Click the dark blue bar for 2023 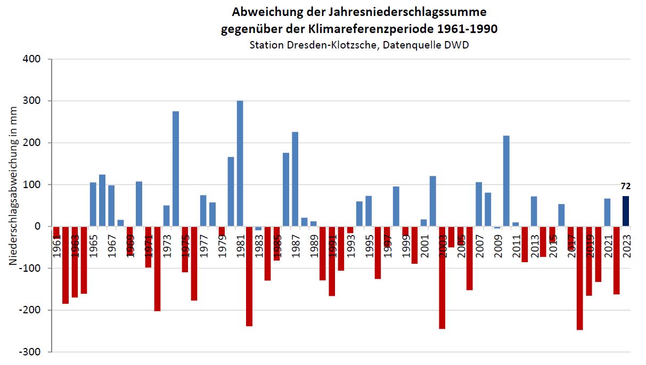click(626, 212)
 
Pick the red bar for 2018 click(580, 278)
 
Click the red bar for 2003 click(442, 277)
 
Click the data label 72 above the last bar click(626, 186)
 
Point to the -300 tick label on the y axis click(31, 352)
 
